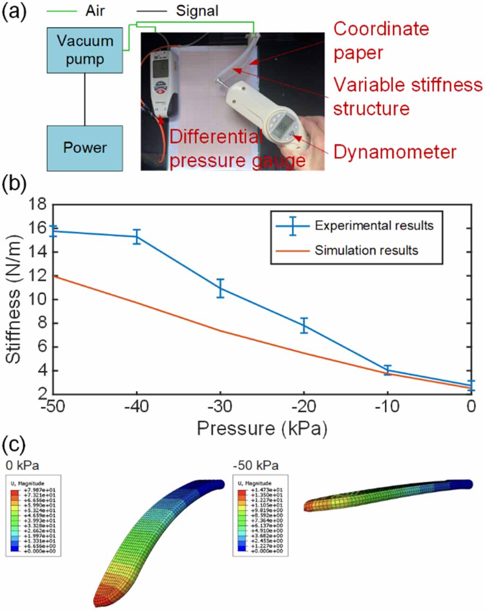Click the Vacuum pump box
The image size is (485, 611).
(x=85, y=50)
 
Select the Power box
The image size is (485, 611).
(x=85, y=148)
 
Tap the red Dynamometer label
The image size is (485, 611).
(x=395, y=152)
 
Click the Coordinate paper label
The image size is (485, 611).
(x=381, y=41)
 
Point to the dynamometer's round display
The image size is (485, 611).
(x=283, y=126)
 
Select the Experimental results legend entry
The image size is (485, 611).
(x=373, y=225)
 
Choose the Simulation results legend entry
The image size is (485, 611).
(x=366, y=250)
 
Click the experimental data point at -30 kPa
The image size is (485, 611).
(x=220, y=288)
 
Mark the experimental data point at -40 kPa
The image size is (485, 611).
(x=137, y=236)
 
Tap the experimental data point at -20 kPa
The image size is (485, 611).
(x=304, y=325)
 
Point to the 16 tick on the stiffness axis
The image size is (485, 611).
(x=37, y=228)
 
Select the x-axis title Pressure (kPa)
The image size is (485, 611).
(x=262, y=428)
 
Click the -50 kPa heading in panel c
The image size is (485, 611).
(x=256, y=465)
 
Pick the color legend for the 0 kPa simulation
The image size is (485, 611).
(x=33, y=515)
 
